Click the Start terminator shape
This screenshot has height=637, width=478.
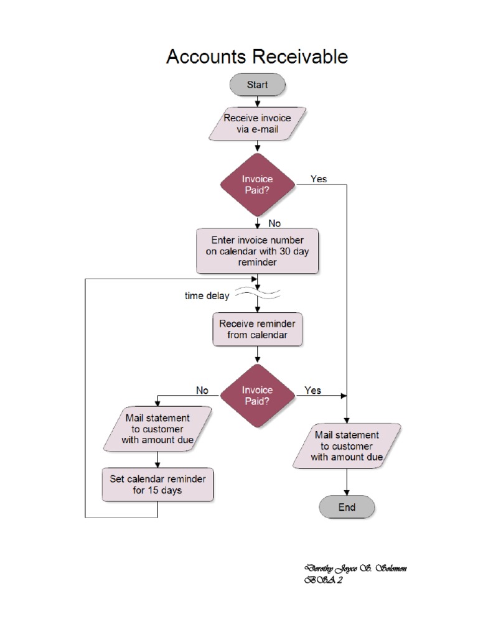[x=257, y=85]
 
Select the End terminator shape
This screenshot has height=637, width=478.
[x=347, y=507]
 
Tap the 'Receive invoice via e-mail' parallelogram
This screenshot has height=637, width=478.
[x=257, y=124]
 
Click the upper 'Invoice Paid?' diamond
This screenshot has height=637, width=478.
[x=257, y=185]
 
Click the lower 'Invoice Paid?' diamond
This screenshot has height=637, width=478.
[x=257, y=396]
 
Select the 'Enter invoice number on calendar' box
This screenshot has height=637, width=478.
[x=257, y=251]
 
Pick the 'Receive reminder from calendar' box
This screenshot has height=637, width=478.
[x=257, y=329]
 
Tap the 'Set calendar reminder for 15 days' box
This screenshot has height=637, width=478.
[x=157, y=484]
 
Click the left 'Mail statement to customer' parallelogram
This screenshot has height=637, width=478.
[x=157, y=429]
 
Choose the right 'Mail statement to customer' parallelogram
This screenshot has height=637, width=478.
[x=347, y=445]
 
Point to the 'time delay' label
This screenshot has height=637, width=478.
[x=207, y=296]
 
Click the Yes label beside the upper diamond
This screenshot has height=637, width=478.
[x=319, y=179]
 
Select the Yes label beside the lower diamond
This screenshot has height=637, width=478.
[x=313, y=390]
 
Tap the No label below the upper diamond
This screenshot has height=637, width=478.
[x=274, y=223]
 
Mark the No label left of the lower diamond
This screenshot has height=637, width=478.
[x=202, y=390]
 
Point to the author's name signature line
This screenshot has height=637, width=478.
[x=355, y=569]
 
